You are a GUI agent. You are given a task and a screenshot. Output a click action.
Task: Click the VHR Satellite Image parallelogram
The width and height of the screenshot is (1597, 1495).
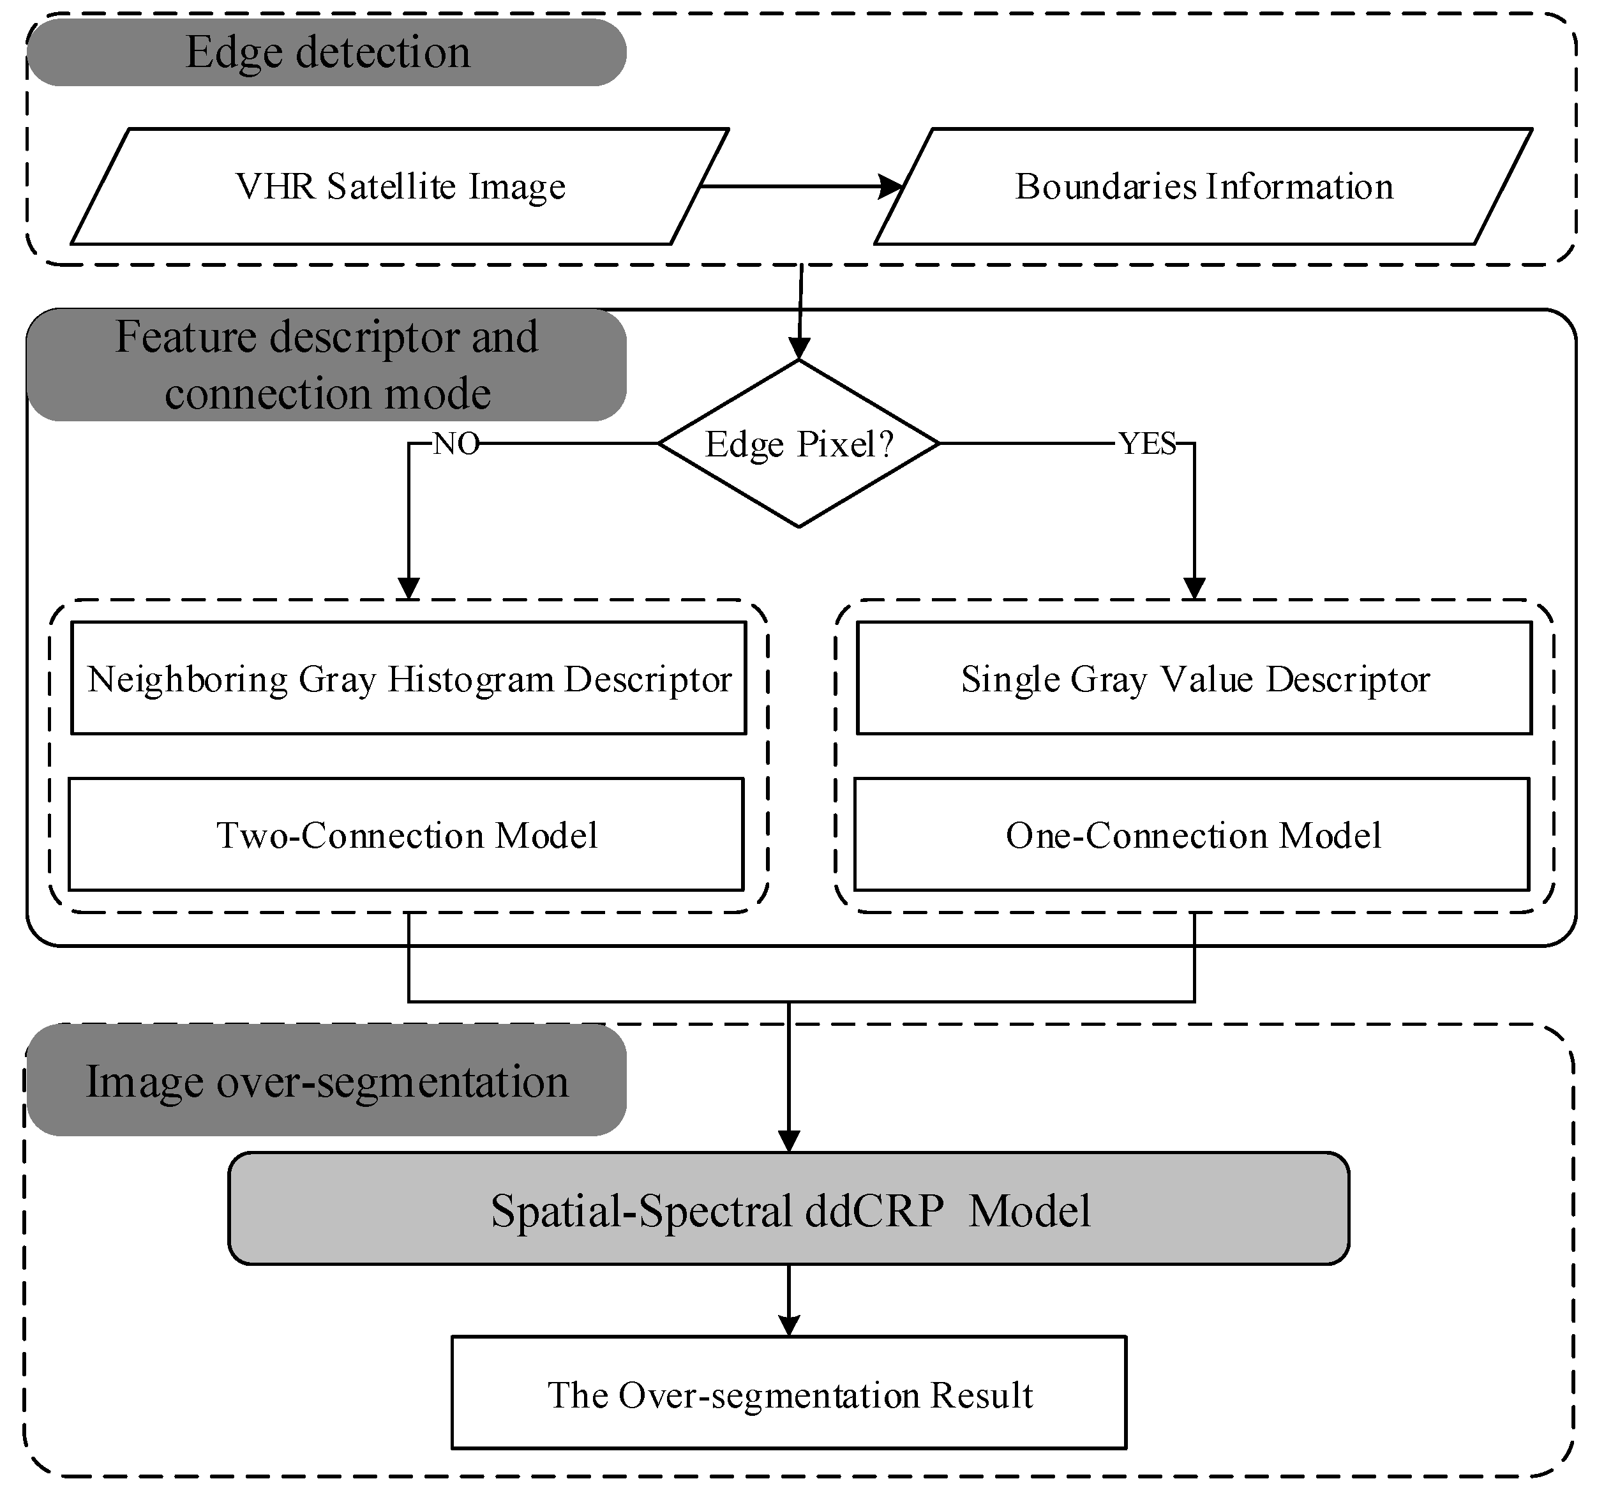click(x=400, y=186)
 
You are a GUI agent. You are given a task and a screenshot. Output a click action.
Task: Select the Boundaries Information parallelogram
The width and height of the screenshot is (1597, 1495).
click(x=1203, y=186)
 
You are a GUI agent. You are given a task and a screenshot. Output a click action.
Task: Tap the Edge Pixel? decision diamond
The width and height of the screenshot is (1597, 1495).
click(x=798, y=444)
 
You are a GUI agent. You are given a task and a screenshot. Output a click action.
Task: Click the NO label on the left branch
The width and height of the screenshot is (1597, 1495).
click(x=456, y=444)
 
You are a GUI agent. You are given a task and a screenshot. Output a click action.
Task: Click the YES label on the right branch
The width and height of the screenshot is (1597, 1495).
click(x=1147, y=444)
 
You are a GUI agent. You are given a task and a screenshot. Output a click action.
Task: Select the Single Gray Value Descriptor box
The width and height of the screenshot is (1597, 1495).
click(x=1194, y=679)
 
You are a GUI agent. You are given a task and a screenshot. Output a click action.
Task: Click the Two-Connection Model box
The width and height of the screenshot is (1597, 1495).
click(x=407, y=835)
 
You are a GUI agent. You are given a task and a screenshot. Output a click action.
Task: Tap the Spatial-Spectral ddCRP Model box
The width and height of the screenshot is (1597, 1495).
click(x=789, y=1210)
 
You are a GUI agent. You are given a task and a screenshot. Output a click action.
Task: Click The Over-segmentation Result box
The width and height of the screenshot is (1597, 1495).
click(x=789, y=1395)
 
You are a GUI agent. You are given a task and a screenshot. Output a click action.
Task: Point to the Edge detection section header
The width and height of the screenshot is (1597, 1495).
click(x=327, y=52)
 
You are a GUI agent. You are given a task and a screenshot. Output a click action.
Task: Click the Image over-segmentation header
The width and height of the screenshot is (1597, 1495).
click(x=327, y=1081)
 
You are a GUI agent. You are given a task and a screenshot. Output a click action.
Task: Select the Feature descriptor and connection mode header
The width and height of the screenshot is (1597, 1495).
click(x=327, y=364)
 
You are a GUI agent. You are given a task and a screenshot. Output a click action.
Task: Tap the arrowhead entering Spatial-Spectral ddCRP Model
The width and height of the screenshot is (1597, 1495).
click(x=789, y=1141)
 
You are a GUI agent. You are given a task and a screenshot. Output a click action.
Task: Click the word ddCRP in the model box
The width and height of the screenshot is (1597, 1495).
click(x=874, y=1210)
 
